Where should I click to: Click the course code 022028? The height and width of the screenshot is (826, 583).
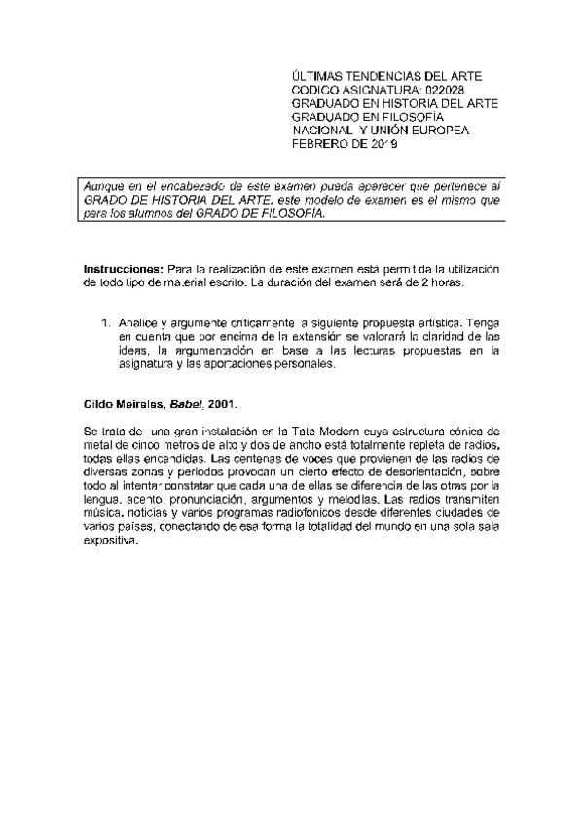452,89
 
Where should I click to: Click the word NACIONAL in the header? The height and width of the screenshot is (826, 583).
326,130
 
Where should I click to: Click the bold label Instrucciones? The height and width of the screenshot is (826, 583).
123,268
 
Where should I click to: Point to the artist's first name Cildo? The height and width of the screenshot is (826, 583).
98,402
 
